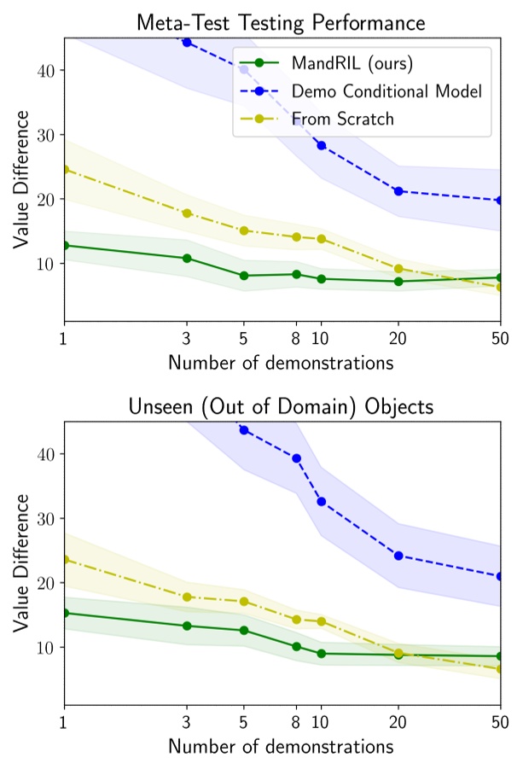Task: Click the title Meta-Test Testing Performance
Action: (x=281, y=20)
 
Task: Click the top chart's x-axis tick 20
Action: (x=398, y=339)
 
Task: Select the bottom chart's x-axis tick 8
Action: (x=296, y=723)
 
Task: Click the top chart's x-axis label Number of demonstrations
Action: (x=281, y=363)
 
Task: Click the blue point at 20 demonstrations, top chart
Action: (x=398, y=190)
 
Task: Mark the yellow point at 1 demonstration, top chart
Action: (x=64, y=169)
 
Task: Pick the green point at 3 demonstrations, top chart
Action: (x=187, y=258)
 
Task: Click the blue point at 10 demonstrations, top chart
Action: (x=322, y=145)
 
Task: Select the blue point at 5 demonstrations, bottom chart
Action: (x=244, y=429)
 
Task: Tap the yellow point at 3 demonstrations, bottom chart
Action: (x=187, y=597)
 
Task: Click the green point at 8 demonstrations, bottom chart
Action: (x=296, y=646)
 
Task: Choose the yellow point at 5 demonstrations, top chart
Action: (x=244, y=230)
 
